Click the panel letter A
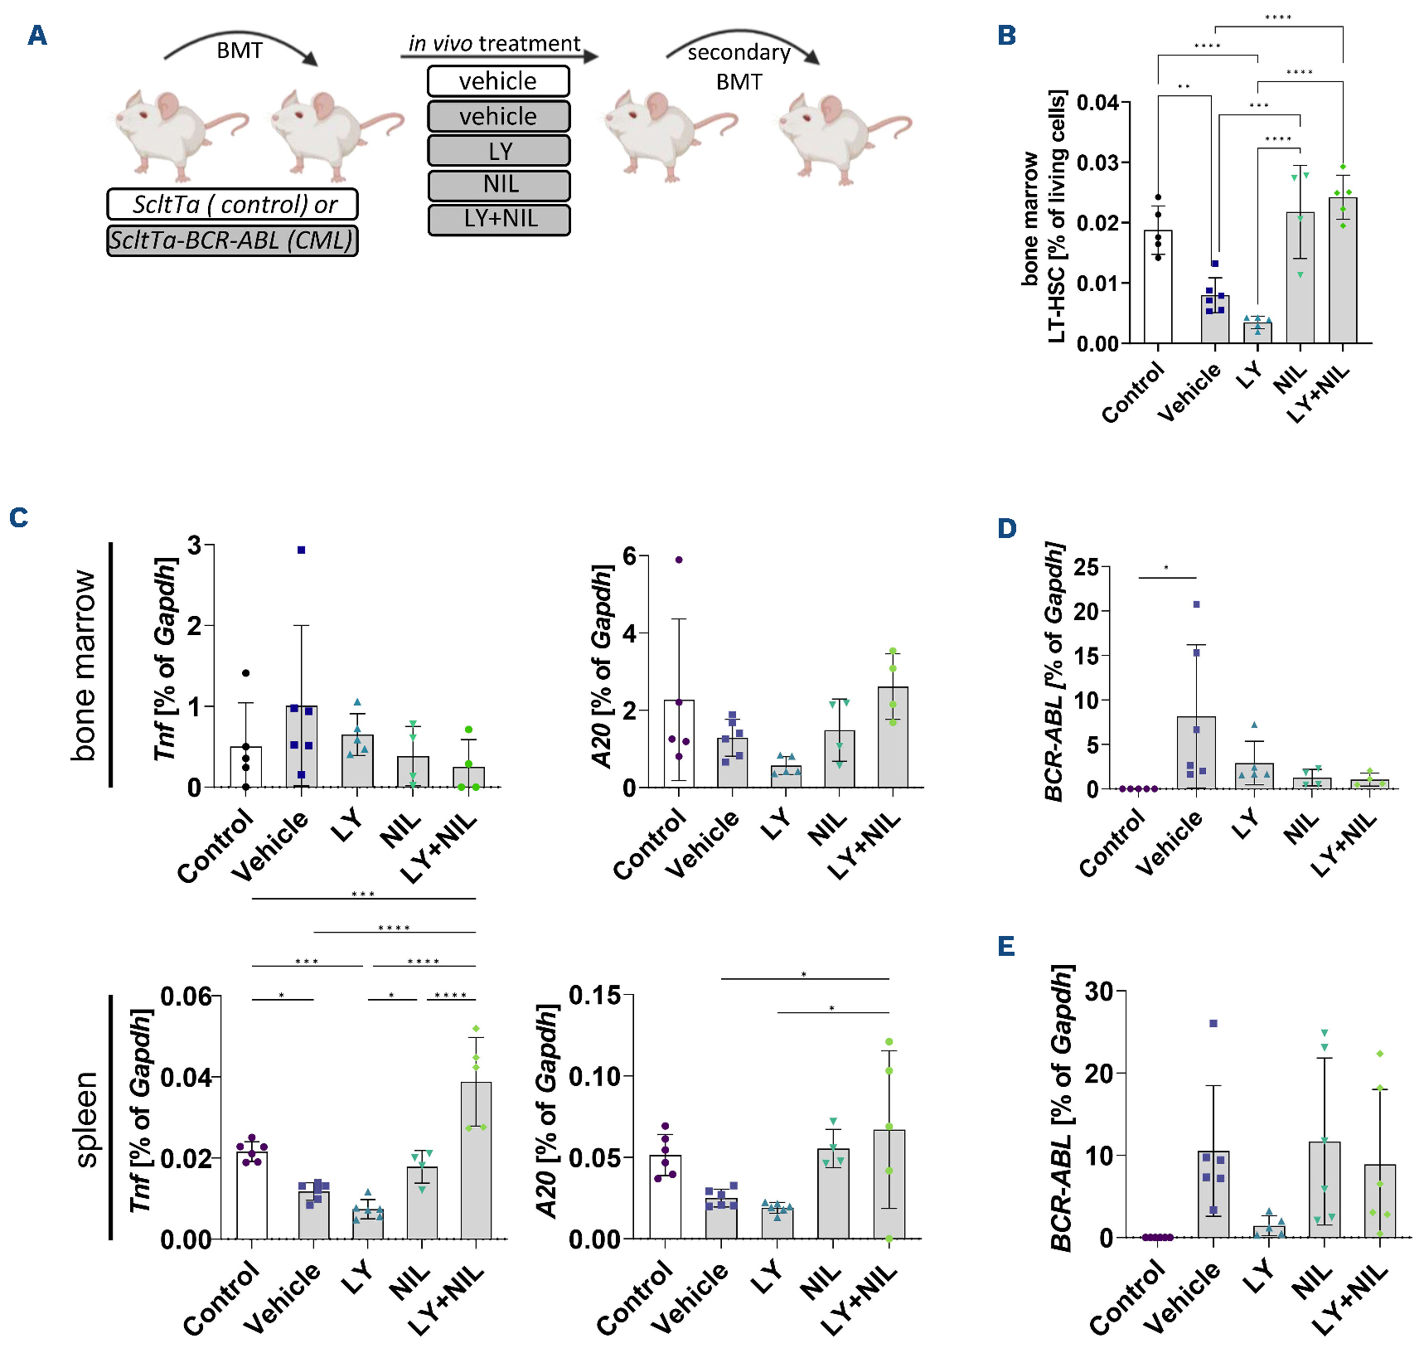[37, 36]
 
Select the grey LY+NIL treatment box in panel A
[499, 220]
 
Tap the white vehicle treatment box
[498, 81]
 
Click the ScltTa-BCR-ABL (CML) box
[232, 240]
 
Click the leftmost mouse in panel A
[178, 133]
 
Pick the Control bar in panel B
[1158, 287]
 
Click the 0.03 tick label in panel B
[1097, 162]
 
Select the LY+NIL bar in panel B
[1343, 270]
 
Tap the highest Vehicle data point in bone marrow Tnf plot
[302, 550]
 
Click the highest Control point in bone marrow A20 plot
[679, 560]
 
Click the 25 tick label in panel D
[1086, 568]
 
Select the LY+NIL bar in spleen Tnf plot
[476, 1161]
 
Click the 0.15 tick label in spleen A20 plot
[595, 995]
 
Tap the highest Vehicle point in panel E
[1213, 1023]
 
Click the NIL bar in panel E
[1325, 1190]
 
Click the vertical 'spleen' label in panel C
[85, 1119]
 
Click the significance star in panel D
[1166, 568]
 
